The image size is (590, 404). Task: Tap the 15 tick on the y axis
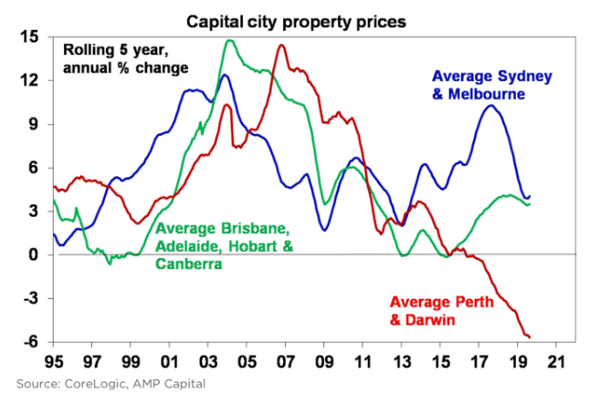(30, 37)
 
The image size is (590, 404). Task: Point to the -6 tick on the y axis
(29, 342)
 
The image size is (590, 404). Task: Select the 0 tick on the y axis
(35, 255)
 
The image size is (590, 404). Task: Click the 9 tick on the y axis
(35, 124)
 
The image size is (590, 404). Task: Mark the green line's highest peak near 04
(231, 40)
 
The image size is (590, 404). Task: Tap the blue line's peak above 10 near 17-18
(490, 106)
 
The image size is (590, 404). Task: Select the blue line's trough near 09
(324, 230)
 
